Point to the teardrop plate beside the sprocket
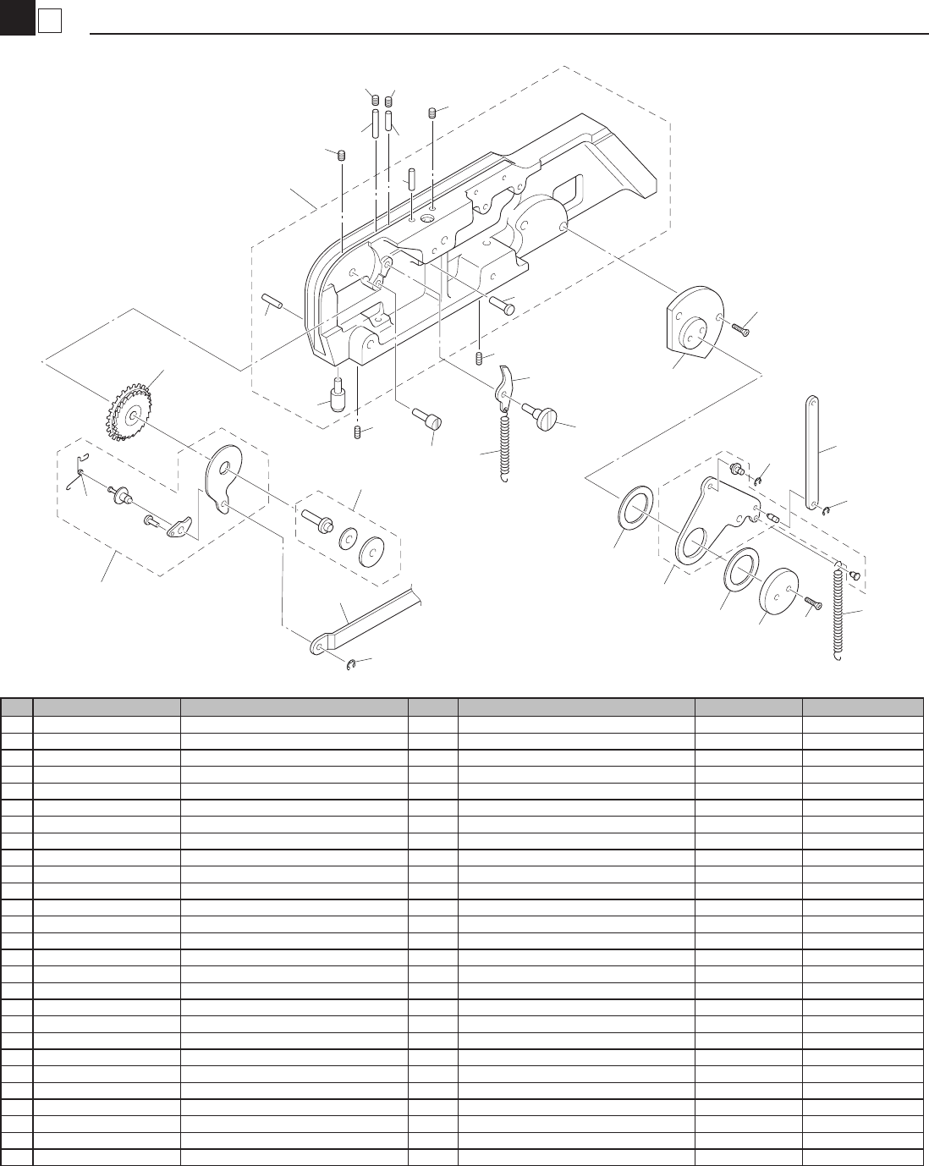click(224, 479)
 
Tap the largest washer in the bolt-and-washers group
click(371, 551)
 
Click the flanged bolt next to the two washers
click(317, 518)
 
